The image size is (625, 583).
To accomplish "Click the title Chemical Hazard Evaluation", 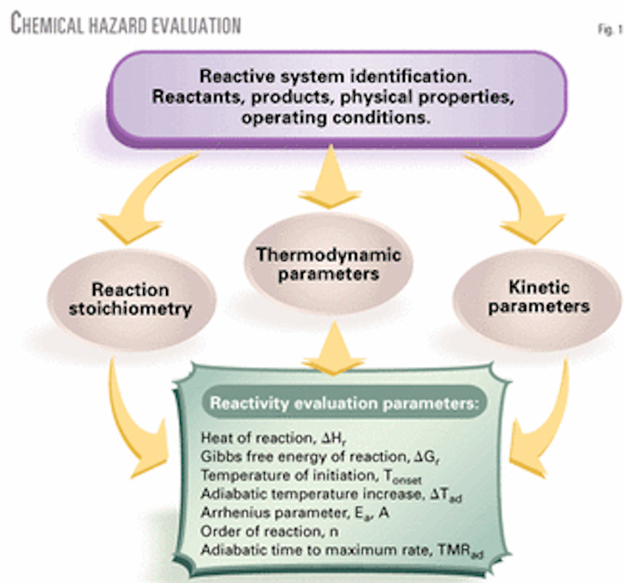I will coord(126,24).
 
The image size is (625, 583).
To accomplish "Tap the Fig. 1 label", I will coord(610,30).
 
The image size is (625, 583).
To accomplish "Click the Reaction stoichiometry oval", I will coord(130,300).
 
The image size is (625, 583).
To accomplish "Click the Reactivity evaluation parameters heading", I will coord(344,403).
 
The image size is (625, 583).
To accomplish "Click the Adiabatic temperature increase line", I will coord(331,494).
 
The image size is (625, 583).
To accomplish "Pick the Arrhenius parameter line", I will coord(295,513).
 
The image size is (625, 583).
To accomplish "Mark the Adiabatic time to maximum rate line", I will coord(342,550).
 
